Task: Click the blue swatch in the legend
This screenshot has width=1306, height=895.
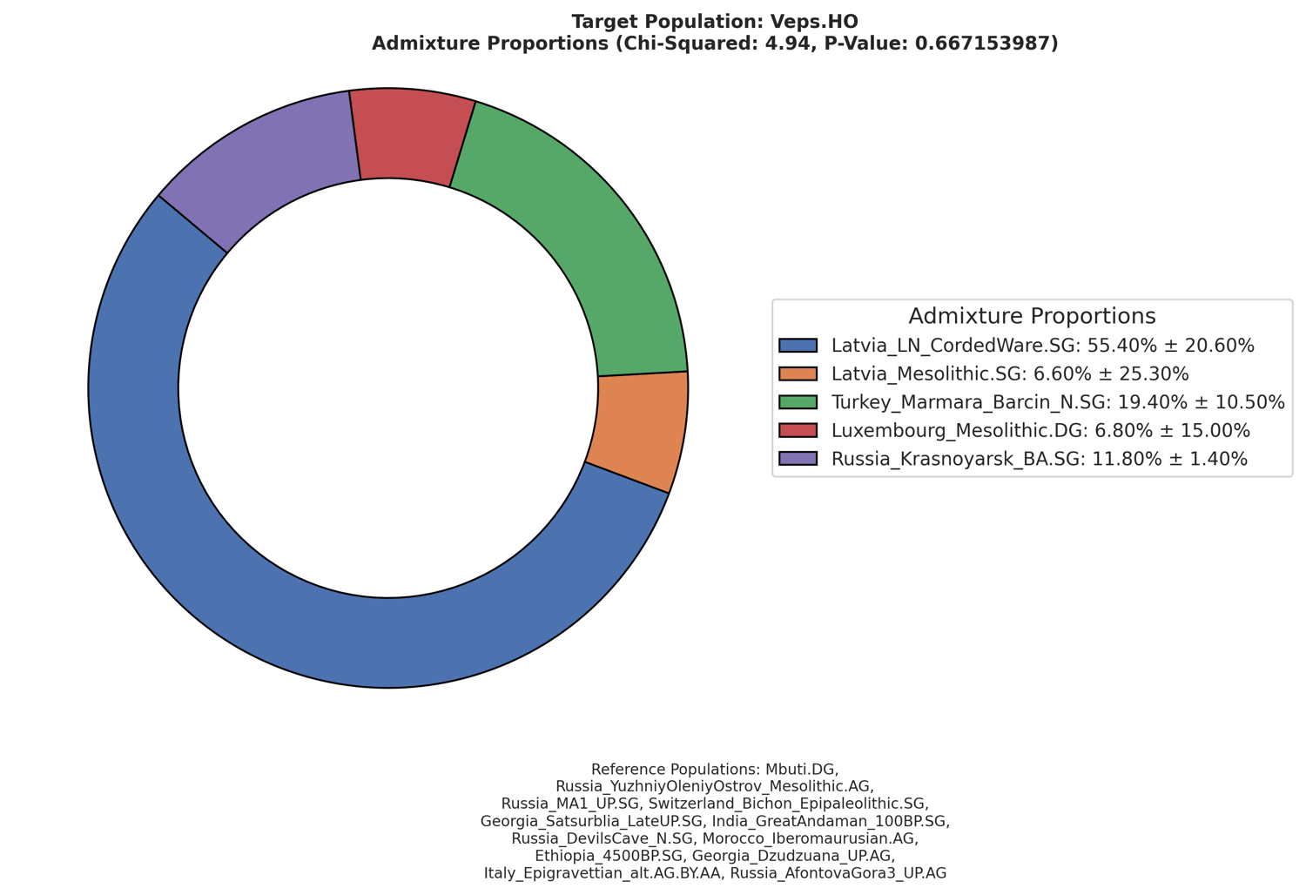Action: click(798, 346)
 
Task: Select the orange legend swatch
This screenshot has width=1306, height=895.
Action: click(798, 374)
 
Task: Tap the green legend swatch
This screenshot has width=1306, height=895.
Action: click(798, 402)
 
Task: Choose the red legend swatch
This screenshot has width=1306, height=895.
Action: click(798, 430)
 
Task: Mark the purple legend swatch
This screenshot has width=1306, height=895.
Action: click(798, 459)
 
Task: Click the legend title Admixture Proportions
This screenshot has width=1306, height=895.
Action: click(1032, 316)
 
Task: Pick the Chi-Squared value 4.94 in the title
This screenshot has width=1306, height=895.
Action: click(795, 44)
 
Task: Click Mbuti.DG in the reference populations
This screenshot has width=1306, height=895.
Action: click(801, 770)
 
